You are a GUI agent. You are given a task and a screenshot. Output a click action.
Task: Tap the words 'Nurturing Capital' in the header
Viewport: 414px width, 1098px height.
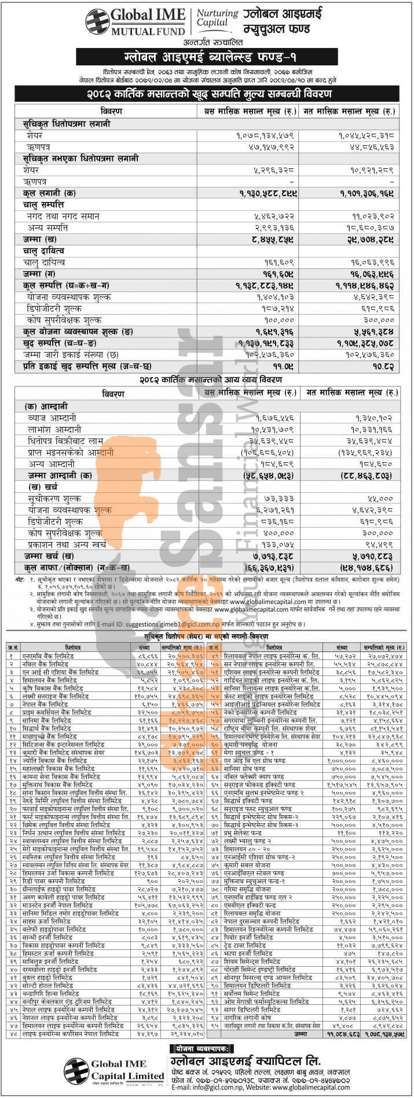212,17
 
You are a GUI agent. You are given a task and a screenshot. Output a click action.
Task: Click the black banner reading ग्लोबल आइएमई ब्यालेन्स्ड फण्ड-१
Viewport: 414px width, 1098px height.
207,56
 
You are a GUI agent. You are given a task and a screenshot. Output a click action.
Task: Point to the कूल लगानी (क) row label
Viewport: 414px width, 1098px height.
49,193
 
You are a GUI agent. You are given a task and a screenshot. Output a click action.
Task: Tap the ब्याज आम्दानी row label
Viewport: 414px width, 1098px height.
53,417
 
